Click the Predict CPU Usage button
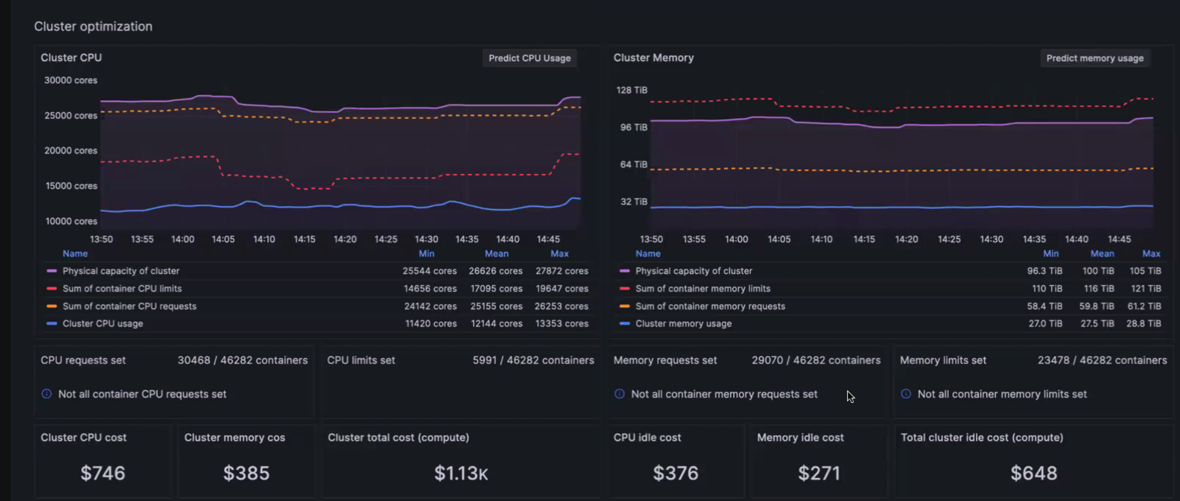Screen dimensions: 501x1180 [x=529, y=58]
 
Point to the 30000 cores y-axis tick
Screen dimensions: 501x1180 [x=71, y=81]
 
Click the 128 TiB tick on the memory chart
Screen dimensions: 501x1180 [x=632, y=90]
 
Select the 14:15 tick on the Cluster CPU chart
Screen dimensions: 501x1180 [x=305, y=239]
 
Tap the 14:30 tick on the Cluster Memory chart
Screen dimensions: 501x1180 [x=991, y=239]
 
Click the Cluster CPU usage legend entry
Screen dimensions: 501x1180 [x=103, y=323]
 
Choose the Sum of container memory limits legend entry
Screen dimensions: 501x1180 [x=703, y=289]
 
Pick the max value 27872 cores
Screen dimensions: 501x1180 [x=562, y=271]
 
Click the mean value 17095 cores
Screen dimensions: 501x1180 [x=496, y=289]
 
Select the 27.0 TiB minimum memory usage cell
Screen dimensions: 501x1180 [x=1045, y=323]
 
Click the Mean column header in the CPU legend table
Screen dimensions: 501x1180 [x=496, y=253]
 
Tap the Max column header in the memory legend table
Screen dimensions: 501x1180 [x=1151, y=253]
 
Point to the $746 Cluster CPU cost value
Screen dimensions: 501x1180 [x=103, y=473]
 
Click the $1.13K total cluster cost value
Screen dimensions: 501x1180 [x=461, y=473]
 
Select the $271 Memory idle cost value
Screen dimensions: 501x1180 [x=819, y=473]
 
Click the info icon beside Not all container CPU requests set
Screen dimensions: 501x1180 [x=46, y=394]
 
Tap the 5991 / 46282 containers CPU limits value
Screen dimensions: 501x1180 [x=533, y=360]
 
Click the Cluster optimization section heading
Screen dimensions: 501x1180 [x=93, y=26]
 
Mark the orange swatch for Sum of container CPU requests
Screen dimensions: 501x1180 [x=52, y=306]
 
